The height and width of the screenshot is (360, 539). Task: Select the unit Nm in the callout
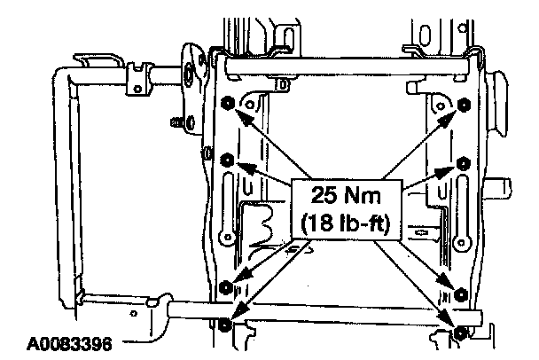[x=363, y=195]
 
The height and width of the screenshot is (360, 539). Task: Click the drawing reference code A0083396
[x=69, y=344]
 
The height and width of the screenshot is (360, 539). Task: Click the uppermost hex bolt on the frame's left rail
[x=228, y=103]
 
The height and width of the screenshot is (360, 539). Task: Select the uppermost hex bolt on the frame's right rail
[x=464, y=104]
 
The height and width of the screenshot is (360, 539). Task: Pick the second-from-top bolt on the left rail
[x=227, y=160]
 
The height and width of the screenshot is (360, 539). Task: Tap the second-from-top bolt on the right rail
[x=464, y=164]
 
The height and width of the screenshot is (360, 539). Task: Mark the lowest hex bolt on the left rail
[x=224, y=325]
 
